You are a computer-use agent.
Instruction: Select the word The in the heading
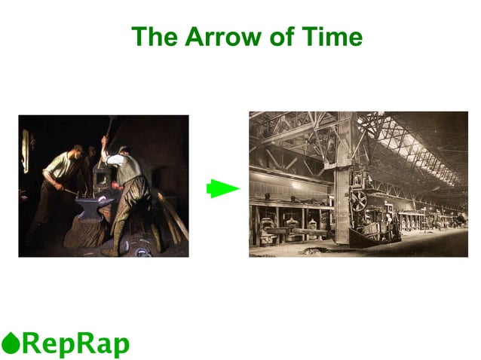click(154, 36)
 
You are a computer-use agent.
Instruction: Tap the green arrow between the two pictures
click(222, 189)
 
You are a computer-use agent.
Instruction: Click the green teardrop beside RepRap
click(10, 343)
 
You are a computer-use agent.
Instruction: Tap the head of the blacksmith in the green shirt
click(77, 151)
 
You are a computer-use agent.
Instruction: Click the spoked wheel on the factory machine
click(358, 200)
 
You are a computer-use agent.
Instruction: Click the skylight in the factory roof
click(407, 143)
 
